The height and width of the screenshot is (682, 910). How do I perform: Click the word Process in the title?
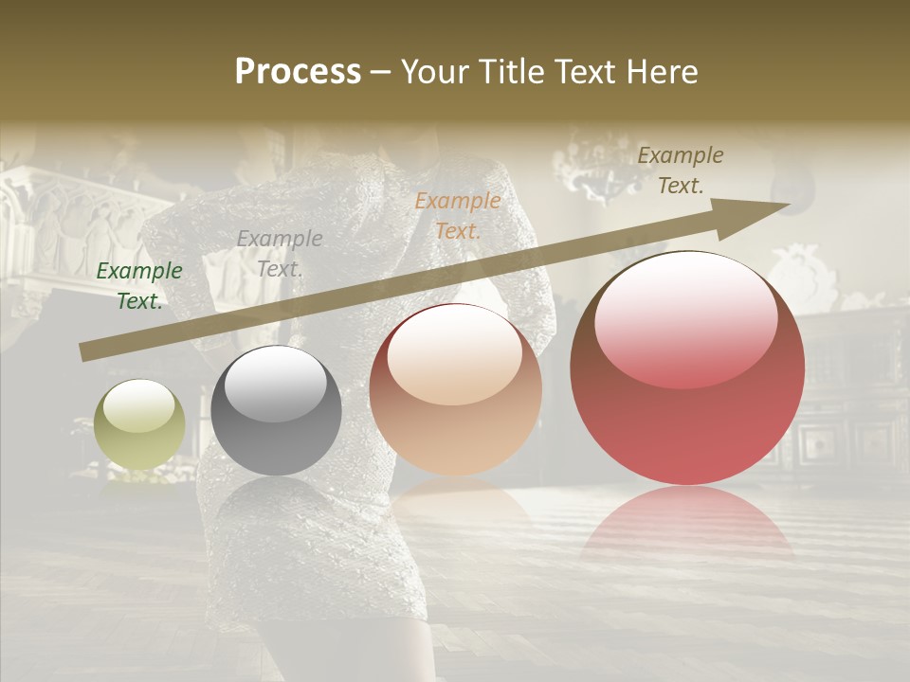pyautogui.click(x=298, y=72)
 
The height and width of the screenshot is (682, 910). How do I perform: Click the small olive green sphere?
pyautogui.click(x=139, y=424)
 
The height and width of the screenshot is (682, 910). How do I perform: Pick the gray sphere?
pyautogui.click(x=276, y=410)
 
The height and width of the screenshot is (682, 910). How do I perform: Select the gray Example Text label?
pyautogui.click(x=279, y=254)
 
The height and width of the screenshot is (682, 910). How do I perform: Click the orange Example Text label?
pyautogui.click(x=458, y=216)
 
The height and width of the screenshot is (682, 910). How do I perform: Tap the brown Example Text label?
pyautogui.click(x=680, y=170)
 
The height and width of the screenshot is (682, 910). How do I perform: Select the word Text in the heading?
pyautogui.click(x=583, y=72)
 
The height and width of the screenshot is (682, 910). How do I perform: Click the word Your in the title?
pyautogui.click(x=432, y=72)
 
